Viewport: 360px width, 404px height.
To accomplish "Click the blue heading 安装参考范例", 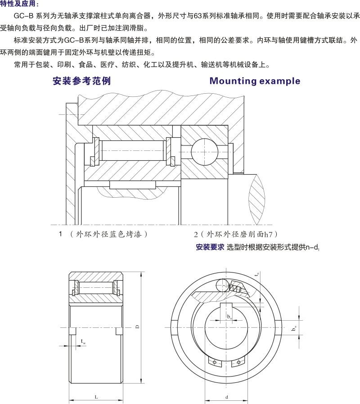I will click(81, 81).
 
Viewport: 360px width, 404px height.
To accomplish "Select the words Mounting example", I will click(254, 81).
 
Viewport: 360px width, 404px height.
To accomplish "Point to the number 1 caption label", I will click(60, 234).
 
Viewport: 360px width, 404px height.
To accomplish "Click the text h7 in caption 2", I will click(269, 234).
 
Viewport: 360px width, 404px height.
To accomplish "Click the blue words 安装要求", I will click(210, 247).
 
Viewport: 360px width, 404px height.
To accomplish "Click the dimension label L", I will click(97, 397).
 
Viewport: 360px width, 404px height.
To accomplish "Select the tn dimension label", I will click(257, 273).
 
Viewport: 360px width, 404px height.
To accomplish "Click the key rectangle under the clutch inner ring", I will click(133, 185).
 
